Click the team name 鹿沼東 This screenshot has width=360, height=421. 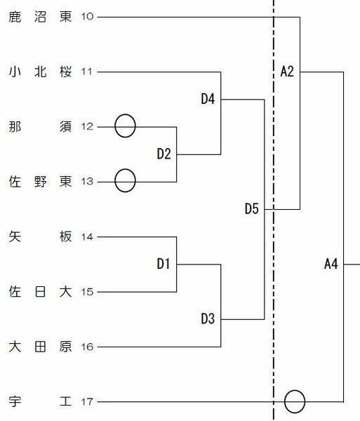40,17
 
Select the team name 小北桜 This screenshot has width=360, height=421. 40,72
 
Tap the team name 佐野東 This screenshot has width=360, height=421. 40,182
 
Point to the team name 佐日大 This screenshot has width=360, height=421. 40,292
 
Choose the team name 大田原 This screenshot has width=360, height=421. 40,347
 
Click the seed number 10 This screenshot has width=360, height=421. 87,17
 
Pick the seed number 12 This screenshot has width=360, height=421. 87,126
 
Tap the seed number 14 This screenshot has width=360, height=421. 87,237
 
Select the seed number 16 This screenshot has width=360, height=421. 87,347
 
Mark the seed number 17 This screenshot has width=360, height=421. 87,401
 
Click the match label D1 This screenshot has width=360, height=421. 164,264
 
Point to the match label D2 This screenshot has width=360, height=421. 164,154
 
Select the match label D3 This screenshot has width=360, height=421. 208,319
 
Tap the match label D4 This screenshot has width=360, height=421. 208,99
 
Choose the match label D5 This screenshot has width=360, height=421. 251,208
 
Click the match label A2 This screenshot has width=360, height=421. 287,72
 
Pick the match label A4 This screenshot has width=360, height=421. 331,264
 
